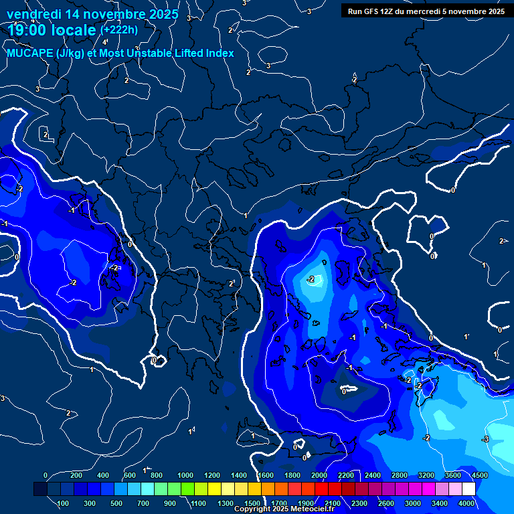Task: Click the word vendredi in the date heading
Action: [34, 13]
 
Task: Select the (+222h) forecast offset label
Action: [118, 29]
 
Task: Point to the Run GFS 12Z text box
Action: [426, 11]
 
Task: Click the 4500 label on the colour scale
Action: [479, 475]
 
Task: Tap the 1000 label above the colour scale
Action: [185, 475]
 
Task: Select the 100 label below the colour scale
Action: [63, 503]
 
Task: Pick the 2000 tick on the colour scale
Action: [319, 475]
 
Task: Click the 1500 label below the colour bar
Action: [252, 503]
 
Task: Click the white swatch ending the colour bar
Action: [469, 489]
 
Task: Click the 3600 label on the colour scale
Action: [452, 475]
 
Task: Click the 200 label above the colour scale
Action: [76, 475]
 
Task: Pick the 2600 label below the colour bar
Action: [387, 503]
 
